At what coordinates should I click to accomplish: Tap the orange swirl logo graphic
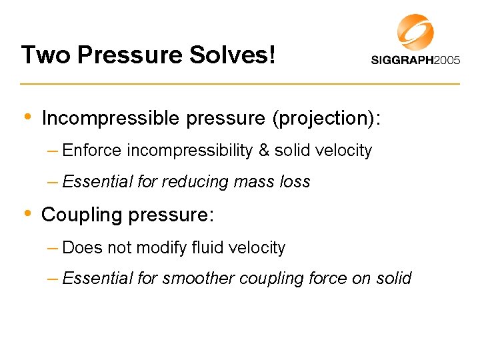[x=415, y=31]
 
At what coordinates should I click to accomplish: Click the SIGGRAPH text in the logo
[x=402, y=60]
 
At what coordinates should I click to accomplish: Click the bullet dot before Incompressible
[x=27, y=117]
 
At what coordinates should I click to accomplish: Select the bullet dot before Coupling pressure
[x=27, y=213]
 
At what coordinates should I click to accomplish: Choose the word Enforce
[x=92, y=151]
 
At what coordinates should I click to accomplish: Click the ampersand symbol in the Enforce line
[x=264, y=151]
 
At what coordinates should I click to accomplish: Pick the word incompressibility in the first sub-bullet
[x=189, y=151]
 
